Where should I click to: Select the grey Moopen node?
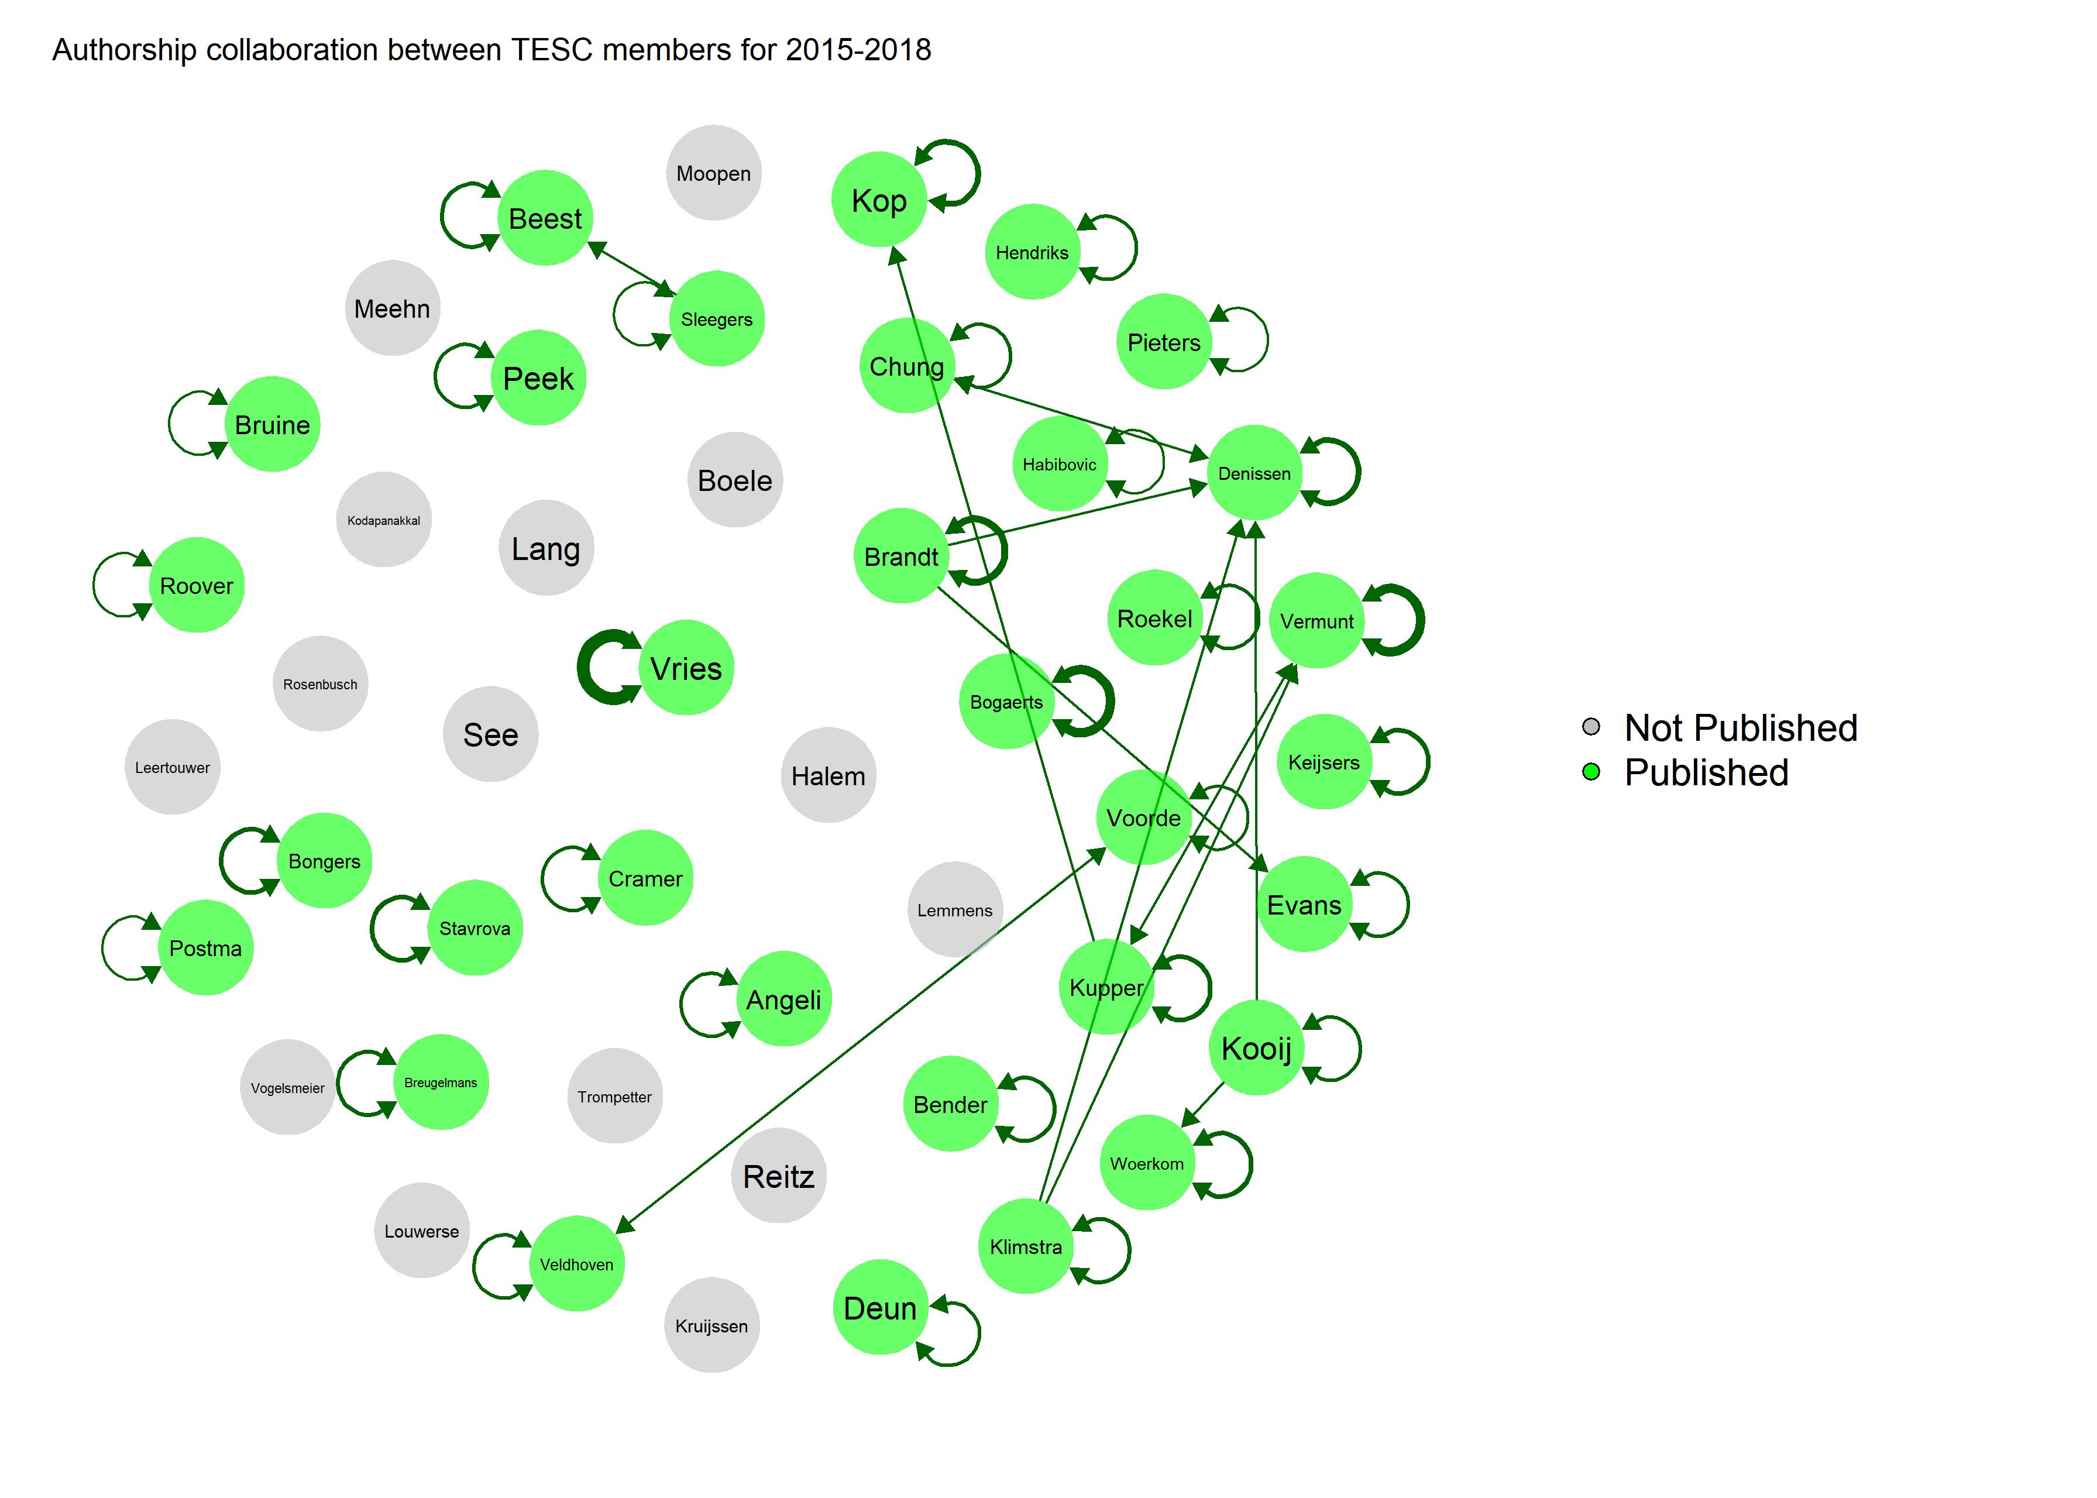click(x=713, y=173)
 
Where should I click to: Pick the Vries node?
click(x=686, y=667)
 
